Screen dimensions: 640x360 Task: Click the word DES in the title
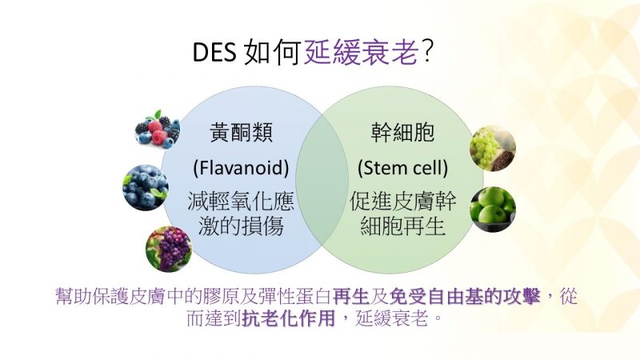click(214, 53)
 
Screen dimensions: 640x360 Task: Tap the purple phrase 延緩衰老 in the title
click(362, 52)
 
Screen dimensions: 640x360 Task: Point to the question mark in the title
click(427, 52)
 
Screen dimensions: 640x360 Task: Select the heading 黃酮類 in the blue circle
click(242, 132)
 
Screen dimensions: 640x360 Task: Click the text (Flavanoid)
click(241, 167)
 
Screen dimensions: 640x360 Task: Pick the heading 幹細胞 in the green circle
click(402, 132)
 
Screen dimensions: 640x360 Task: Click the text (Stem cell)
click(403, 167)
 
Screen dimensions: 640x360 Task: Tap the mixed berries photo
click(158, 130)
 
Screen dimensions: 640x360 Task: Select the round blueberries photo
click(146, 188)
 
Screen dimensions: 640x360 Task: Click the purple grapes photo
click(169, 249)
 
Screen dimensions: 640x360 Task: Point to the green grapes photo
click(493, 149)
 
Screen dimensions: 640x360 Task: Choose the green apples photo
click(493, 210)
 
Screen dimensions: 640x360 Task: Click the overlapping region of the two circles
click(322, 179)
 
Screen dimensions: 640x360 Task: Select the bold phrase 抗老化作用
click(289, 318)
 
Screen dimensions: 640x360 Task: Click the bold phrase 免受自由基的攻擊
click(465, 296)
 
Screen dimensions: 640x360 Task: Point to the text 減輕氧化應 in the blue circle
click(241, 202)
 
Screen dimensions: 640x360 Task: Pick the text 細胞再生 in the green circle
click(403, 226)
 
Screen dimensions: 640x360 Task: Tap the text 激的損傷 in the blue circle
click(241, 226)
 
